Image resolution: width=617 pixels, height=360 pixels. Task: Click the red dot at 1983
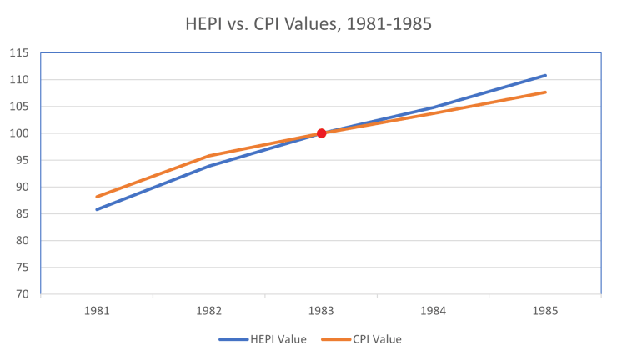pyautogui.click(x=321, y=133)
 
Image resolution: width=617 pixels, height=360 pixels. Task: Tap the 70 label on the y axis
pyautogui.click(x=21, y=294)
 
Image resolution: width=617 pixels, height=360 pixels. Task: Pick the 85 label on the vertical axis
pyautogui.click(x=21, y=214)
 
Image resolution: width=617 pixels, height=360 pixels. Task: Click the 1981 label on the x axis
pyautogui.click(x=97, y=310)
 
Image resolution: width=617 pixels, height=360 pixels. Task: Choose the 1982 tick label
pyautogui.click(x=208, y=310)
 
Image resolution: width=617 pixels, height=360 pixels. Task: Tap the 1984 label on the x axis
pyautogui.click(x=434, y=310)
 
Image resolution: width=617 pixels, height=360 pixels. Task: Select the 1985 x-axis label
pyautogui.click(x=545, y=310)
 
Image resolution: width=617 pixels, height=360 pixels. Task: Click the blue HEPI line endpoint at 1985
pyautogui.click(x=545, y=76)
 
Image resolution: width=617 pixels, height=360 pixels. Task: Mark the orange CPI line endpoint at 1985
pyautogui.click(x=545, y=92)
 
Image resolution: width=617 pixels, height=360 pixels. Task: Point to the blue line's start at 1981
pyautogui.click(x=97, y=209)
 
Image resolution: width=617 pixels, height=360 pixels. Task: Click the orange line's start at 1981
pyautogui.click(x=97, y=197)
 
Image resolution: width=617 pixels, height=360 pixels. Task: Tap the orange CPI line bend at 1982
pyautogui.click(x=208, y=156)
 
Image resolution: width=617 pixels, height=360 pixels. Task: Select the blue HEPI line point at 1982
pyautogui.click(x=208, y=166)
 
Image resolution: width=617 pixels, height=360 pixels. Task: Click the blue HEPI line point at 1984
pyautogui.click(x=434, y=107)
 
